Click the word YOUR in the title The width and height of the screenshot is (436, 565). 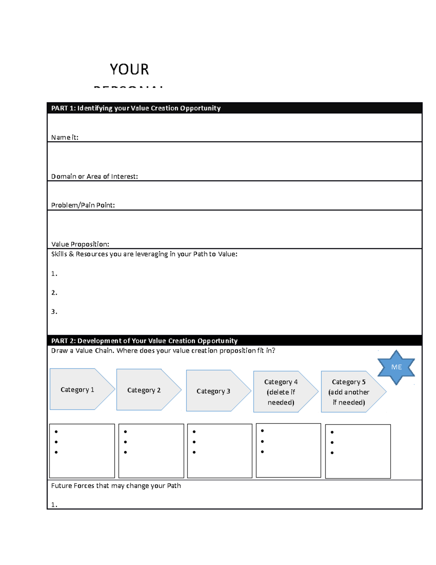(129, 69)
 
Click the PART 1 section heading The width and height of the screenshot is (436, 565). (136, 108)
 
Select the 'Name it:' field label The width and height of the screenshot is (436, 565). (65, 138)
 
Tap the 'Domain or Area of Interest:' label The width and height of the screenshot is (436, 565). (94, 176)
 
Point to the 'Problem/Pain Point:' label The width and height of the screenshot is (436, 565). (83, 205)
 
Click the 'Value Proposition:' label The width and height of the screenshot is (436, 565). (80, 244)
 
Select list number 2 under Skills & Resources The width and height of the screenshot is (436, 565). (54, 293)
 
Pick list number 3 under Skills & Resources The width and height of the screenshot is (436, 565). (54, 311)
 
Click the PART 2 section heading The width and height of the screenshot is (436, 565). (144, 341)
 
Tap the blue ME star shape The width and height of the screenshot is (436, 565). (396, 367)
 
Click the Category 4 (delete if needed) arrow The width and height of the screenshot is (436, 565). (281, 392)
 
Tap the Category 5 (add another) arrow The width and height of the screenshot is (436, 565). (349, 392)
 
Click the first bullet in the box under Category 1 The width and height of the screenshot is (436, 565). (56, 432)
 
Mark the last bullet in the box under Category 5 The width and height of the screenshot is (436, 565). (332, 453)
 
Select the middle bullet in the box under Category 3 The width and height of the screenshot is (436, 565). (194, 442)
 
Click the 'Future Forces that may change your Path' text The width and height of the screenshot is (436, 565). (116, 486)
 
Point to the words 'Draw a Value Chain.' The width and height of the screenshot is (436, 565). (82, 351)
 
